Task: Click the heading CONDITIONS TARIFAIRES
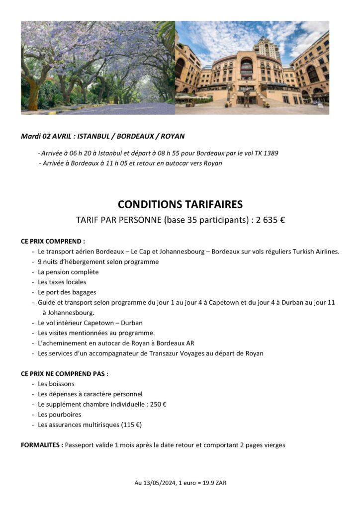(x=180, y=204)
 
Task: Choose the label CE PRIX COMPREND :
(x=53, y=241)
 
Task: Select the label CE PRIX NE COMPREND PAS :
(x=64, y=373)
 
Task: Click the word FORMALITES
(x=41, y=445)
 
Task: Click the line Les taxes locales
(x=62, y=282)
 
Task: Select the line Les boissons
(x=56, y=384)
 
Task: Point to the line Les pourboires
(x=60, y=414)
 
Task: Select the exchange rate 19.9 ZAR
(x=215, y=483)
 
